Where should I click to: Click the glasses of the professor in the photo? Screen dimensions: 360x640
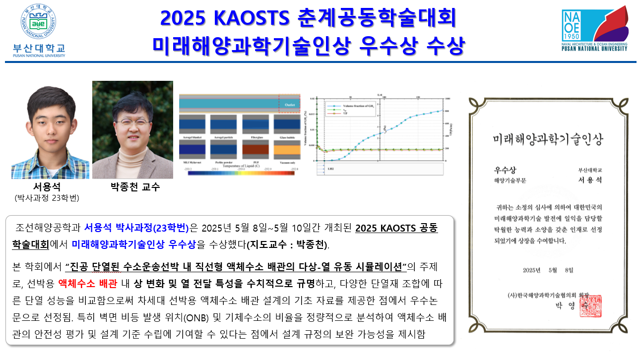[x=132, y=121]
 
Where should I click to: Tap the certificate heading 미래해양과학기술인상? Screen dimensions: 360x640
[x=547, y=139]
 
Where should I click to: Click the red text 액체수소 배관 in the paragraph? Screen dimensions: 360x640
[x=87, y=284]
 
